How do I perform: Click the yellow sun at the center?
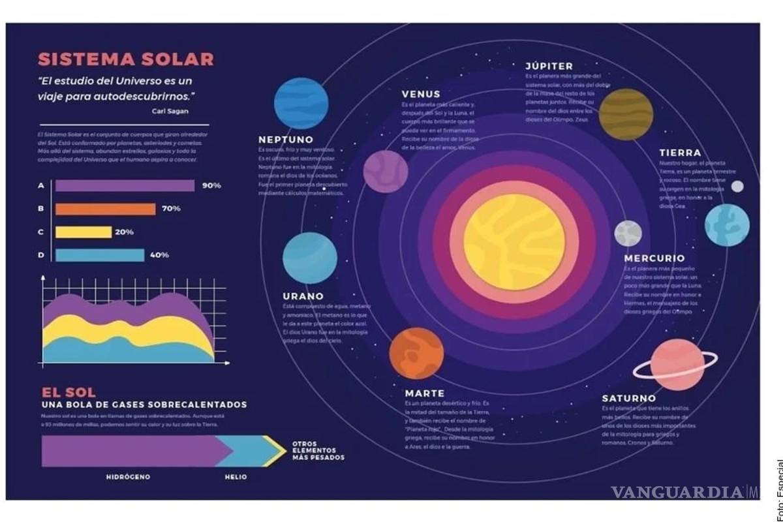click(x=515, y=240)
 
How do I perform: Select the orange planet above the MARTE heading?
click(x=416, y=354)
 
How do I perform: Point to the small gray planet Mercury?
click(x=628, y=233)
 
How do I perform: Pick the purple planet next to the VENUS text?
click(x=386, y=172)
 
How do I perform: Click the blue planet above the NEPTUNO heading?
click(x=301, y=103)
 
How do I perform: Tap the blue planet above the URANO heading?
click(x=310, y=259)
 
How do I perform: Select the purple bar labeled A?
click(x=125, y=186)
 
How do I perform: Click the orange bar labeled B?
click(x=105, y=209)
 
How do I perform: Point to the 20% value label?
click(x=124, y=232)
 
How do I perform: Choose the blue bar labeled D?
click(x=100, y=255)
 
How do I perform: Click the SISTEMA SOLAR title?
click(x=126, y=59)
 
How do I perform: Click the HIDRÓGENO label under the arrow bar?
click(x=128, y=477)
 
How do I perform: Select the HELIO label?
click(x=236, y=477)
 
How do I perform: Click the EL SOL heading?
click(x=69, y=392)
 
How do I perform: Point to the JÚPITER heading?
click(x=549, y=66)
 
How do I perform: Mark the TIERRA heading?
click(x=680, y=153)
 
